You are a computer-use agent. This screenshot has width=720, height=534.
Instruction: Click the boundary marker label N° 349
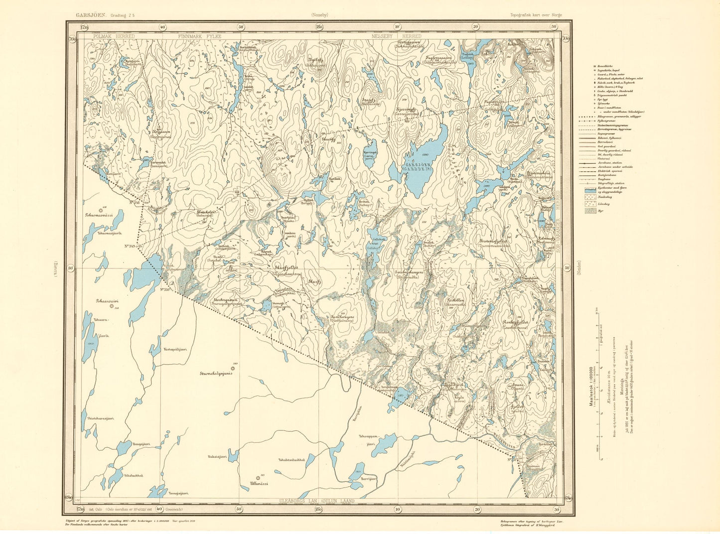131,246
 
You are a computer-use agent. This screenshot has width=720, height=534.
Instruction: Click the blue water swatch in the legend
590,190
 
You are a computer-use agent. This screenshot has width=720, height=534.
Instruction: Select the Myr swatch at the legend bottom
590,211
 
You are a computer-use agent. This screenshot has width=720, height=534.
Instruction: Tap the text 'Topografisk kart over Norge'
536,15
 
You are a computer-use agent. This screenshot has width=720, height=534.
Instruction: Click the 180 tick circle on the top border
318,27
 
